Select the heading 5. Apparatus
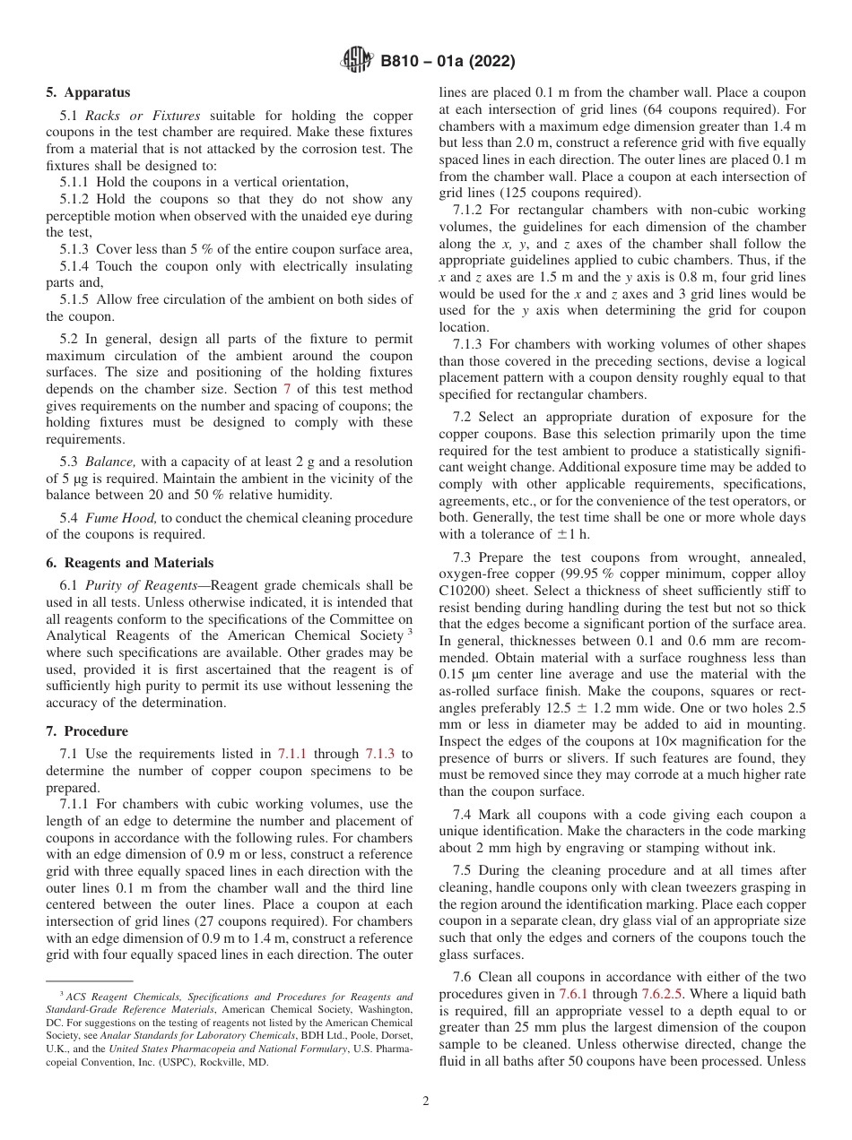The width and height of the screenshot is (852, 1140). (x=88, y=92)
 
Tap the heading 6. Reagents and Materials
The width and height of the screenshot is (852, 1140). (x=130, y=563)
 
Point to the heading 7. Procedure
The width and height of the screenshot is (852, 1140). (x=87, y=731)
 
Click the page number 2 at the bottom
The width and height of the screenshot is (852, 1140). (x=426, y=1101)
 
